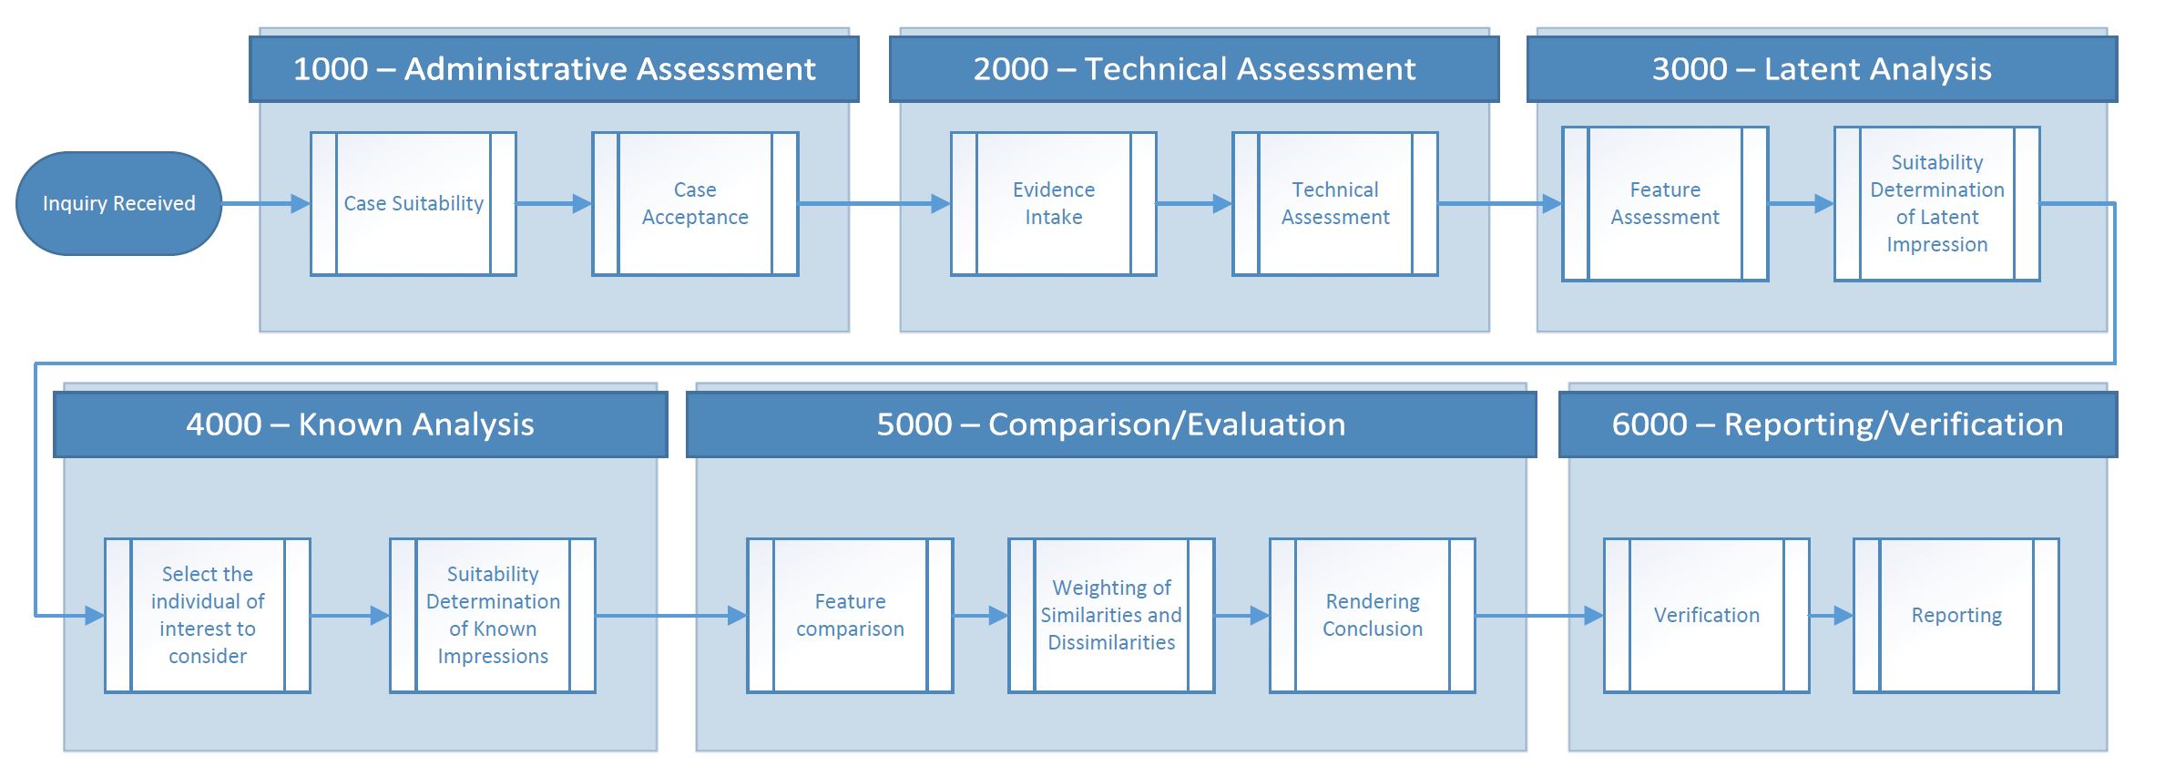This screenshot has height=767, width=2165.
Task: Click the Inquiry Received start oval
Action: (x=118, y=203)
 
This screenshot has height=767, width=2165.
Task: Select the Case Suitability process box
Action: (x=414, y=203)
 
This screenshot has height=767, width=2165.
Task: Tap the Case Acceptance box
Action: (x=695, y=203)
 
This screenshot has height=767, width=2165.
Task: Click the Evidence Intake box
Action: (x=1054, y=203)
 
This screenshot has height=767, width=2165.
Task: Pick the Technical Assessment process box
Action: (x=1335, y=203)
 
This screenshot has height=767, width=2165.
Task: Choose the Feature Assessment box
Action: (x=1665, y=203)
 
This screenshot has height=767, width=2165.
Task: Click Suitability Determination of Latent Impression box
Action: (x=1937, y=203)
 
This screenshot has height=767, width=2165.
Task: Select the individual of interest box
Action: (x=208, y=615)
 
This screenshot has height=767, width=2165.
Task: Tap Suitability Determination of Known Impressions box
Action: (x=493, y=615)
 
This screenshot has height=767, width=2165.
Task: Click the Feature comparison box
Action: (x=850, y=615)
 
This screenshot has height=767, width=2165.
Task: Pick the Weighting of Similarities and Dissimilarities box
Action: (x=1111, y=615)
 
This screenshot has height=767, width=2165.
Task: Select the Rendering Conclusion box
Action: (x=1373, y=615)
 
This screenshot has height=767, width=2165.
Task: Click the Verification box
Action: (x=1707, y=615)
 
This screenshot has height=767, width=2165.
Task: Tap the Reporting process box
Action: (x=1956, y=615)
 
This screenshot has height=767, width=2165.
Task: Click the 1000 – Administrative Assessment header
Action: (x=554, y=69)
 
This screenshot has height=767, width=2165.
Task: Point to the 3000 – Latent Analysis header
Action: (x=1822, y=69)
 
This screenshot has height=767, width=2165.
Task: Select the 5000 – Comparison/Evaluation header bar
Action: (x=1111, y=424)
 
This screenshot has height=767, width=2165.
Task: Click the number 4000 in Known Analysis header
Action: (x=223, y=424)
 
